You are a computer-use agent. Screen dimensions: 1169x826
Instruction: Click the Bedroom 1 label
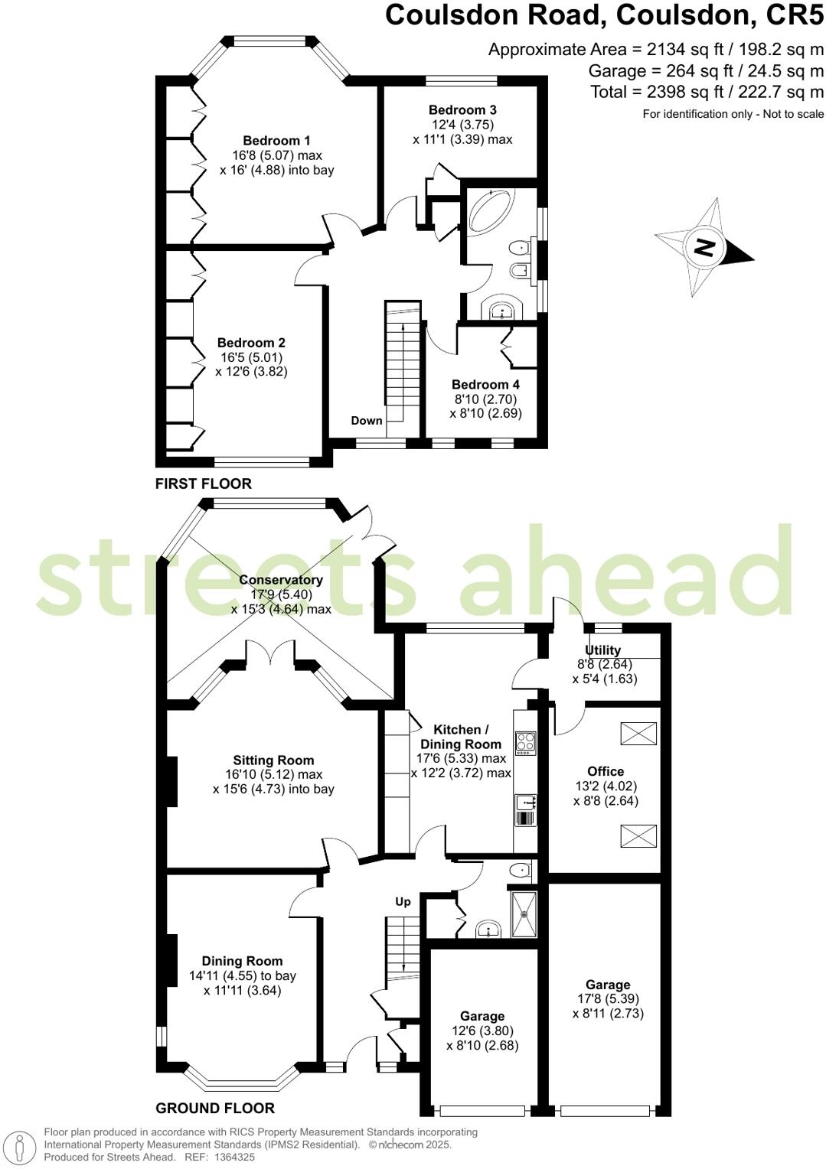276,141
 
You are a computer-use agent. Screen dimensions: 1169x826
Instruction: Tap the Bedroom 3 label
462,110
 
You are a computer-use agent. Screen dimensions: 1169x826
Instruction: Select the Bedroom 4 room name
485,385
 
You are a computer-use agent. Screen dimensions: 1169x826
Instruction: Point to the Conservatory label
281,580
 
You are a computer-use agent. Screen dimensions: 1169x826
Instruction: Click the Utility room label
603,650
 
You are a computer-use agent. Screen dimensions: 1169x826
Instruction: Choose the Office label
606,771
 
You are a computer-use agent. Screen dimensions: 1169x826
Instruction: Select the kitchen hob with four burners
526,744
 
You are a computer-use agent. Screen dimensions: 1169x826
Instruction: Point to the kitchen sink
526,803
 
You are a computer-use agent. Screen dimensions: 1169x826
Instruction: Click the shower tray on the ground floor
524,913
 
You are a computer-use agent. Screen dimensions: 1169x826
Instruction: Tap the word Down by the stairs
367,421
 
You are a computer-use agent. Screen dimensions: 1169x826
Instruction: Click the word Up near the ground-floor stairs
403,901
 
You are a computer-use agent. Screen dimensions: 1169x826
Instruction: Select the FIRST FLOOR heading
204,484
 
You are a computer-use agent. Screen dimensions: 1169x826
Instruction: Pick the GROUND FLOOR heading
215,1108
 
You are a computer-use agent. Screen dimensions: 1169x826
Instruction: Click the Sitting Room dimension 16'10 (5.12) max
273,774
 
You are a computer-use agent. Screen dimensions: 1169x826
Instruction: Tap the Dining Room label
242,961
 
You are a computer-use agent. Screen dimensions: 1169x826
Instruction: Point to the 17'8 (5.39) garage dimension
608,998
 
